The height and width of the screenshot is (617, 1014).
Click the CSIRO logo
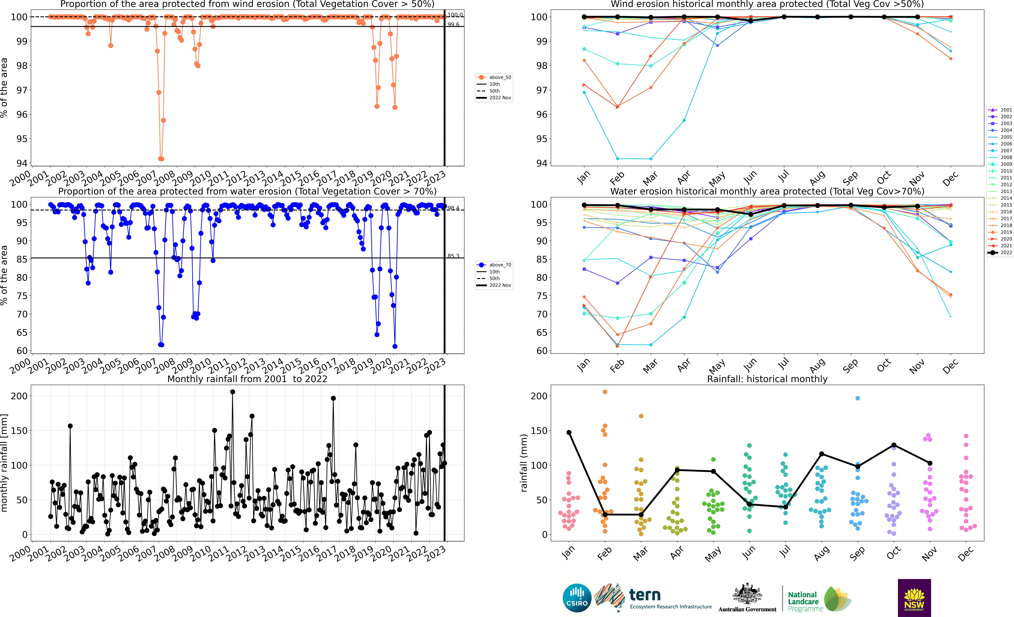tap(577, 598)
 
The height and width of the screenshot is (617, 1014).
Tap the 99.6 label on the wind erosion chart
tap(454, 25)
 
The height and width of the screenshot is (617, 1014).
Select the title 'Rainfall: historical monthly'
tap(767, 379)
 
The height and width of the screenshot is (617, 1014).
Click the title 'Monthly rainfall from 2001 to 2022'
tap(247, 379)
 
